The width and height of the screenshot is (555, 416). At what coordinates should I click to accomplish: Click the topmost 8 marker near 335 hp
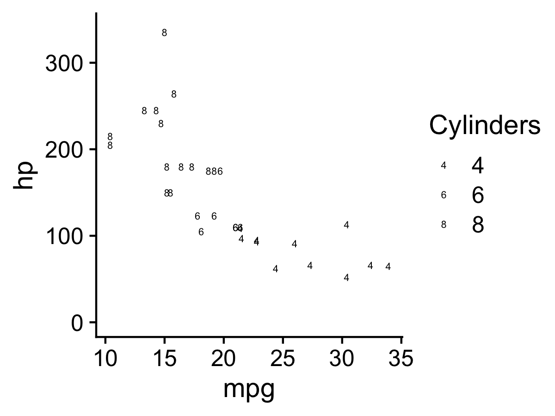coord(164,33)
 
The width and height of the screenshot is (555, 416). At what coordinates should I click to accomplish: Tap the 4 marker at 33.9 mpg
coord(388,267)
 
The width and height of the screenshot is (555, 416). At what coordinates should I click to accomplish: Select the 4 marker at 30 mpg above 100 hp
coord(346,225)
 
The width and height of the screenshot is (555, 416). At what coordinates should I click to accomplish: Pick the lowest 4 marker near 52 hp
coord(346,278)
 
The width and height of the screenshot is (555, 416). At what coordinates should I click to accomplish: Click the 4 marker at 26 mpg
coord(294,244)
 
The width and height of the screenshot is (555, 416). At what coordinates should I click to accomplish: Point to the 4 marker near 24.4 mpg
coord(276,269)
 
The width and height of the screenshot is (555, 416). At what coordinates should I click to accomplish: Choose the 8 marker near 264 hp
coord(174,94)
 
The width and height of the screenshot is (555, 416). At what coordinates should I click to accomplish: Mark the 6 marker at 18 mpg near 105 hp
coord(201,232)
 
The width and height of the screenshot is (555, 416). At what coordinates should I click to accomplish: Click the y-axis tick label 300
coord(64,63)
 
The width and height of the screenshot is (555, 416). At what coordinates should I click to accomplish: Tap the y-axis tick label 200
coord(64,150)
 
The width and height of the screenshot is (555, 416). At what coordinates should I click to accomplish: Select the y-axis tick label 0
coord(77,323)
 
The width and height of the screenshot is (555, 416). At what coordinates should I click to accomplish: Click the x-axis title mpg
coord(249,389)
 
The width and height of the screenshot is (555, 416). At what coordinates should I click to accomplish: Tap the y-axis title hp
coord(24,175)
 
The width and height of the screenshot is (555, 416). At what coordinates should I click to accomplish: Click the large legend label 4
coord(477,166)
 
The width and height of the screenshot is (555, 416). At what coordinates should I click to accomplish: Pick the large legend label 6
coord(477,196)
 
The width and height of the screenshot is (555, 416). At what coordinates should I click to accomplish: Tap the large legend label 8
coord(477,225)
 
